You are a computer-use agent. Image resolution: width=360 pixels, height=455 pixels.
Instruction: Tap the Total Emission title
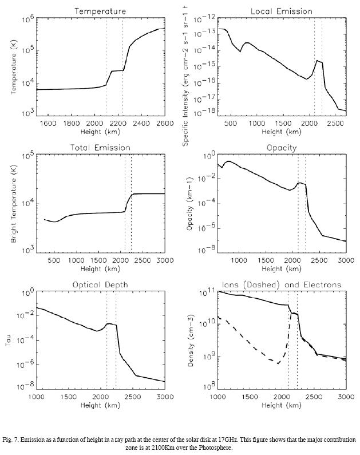point(100,148)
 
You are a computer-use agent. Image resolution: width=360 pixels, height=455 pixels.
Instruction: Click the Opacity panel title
point(281,148)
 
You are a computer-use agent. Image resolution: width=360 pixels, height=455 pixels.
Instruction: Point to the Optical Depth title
point(100,284)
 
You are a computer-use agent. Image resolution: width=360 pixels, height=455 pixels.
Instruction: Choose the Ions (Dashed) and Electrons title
point(281,284)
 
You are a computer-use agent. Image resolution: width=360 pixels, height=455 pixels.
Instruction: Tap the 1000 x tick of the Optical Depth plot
point(37,397)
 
